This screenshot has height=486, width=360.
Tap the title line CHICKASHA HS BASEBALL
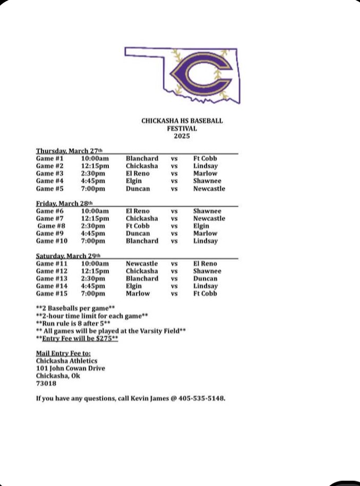(x=182, y=121)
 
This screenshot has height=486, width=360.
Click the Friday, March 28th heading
(x=64, y=203)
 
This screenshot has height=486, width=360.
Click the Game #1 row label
(x=49, y=158)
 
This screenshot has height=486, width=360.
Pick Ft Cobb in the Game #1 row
(x=205, y=158)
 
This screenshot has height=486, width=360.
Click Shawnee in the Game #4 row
(x=207, y=181)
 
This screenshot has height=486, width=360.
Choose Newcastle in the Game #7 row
(x=209, y=218)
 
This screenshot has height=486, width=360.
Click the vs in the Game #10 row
(x=174, y=241)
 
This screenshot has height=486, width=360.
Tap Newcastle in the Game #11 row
(x=142, y=263)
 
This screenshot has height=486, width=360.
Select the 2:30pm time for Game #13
(x=93, y=278)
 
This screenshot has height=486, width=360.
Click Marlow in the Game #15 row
(x=138, y=293)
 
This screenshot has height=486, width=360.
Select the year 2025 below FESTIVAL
(x=182, y=136)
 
